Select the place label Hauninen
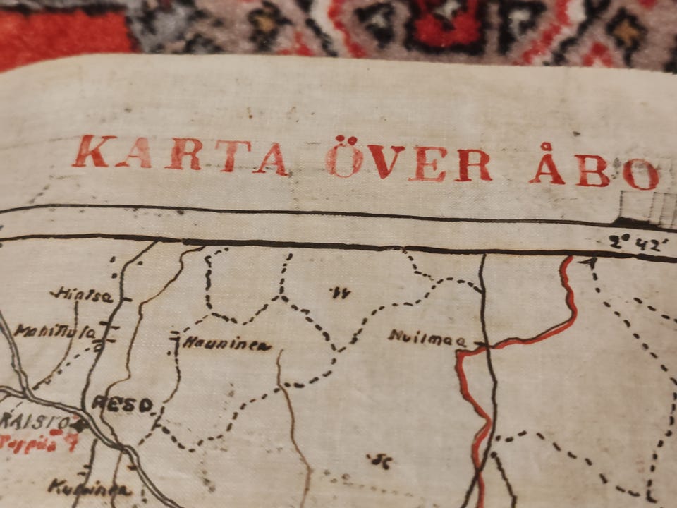tap(226, 344)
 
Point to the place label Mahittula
tap(55, 330)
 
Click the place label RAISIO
tap(35, 422)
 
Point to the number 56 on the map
tap(379, 461)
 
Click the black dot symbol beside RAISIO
tap(79, 425)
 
